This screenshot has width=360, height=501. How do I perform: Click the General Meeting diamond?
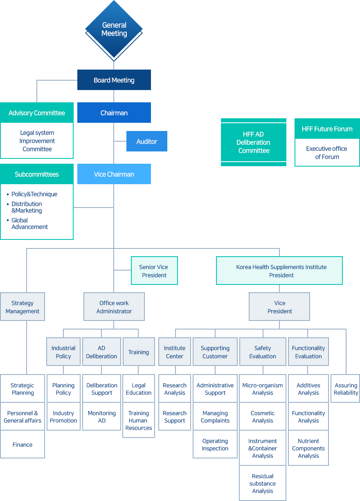(x=114, y=29)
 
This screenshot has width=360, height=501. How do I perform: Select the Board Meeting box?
(x=114, y=80)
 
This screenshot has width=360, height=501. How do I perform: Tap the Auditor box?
(x=147, y=141)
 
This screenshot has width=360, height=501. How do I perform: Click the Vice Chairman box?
(x=114, y=174)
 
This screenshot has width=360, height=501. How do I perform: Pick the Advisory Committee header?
(x=37, y=113)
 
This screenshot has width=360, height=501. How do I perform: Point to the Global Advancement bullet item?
(x=29, y=223)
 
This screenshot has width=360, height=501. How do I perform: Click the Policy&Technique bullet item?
(x=34, y=194)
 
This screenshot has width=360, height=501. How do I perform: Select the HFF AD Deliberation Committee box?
(x=254, y=142)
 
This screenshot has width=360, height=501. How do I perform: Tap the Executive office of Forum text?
(x=327, y=153)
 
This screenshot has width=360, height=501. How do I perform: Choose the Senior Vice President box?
(x=154, y=271)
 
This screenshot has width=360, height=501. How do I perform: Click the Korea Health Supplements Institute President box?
(x=279, y=271)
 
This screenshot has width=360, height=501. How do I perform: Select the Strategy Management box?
(x=22, y=307)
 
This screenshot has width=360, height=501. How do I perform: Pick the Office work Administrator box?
(x=114, y=307)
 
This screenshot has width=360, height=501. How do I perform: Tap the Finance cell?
(x=22, y=445)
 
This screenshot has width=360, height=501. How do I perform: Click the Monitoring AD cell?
(x=102, y=417)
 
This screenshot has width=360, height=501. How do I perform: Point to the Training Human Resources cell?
(x=139, y=420)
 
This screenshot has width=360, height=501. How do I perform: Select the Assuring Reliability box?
(x=346, y=388)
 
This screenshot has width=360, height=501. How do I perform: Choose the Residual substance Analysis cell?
(x=263, y=483)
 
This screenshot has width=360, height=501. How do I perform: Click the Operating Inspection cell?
(x=215, y=445)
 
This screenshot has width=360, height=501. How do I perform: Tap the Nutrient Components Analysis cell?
(x=308, y=448)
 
